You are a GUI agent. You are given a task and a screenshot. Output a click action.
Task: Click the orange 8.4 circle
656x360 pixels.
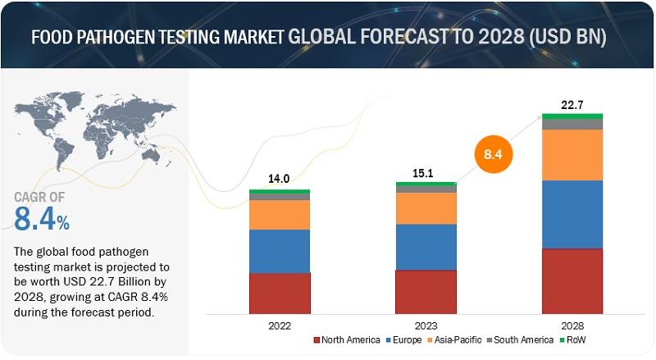tap(494, 154)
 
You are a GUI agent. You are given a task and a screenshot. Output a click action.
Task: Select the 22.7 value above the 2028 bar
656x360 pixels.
tap(572, 105)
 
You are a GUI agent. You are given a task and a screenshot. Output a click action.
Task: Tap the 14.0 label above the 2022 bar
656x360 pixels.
tap(279, 179)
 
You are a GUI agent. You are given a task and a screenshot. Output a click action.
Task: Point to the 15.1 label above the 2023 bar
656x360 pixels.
tap(423, 173)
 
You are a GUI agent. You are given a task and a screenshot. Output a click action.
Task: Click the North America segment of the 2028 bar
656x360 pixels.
tap(572, 281)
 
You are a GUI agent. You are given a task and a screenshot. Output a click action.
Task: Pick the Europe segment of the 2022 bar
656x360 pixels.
tap(280, 251)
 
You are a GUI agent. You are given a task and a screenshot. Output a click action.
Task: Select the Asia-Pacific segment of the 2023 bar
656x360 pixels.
tap(426, 208)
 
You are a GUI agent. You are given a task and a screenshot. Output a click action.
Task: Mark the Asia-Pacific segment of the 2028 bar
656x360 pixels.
tap(572, 155)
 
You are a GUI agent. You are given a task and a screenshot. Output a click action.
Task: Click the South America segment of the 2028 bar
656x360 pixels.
tap(572, 125)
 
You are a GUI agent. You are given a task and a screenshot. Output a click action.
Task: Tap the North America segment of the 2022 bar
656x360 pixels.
tap(280, 294)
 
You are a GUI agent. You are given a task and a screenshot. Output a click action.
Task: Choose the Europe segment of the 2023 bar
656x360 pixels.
tap(426, 248)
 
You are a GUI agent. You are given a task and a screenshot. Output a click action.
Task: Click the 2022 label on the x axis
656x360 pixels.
tap(280, 326)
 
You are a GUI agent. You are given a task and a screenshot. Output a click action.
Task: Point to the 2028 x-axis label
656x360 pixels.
tap(572, 326)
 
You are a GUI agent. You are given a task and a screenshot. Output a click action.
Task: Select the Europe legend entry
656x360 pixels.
tap(403, 339)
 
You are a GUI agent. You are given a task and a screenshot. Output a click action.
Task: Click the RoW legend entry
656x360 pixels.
tap(572, 339)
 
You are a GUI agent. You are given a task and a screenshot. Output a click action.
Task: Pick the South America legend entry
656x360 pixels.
tap(520, 339)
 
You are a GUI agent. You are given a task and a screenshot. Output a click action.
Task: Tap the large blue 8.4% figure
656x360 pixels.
tap(42, 218)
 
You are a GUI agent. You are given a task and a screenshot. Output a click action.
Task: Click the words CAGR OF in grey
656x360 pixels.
tap(39, 197)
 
